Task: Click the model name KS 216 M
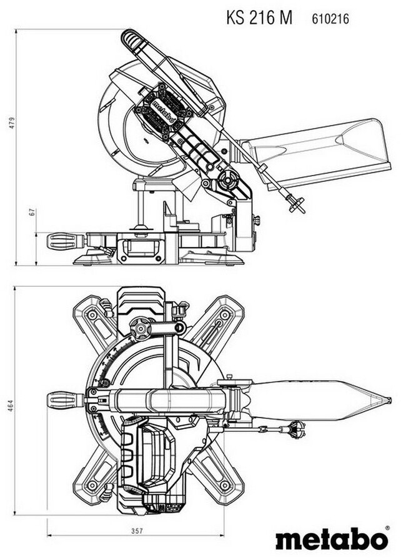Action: [x=259, y=18]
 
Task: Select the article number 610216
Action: [x=330, y=19]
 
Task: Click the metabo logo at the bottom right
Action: [x=332, y=539]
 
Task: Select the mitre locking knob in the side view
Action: [x=65, y=241]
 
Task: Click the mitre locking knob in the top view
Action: [x=65, y=399]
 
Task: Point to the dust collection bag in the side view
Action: [x=319, y=151]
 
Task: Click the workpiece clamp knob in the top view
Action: [x=142, y=328]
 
